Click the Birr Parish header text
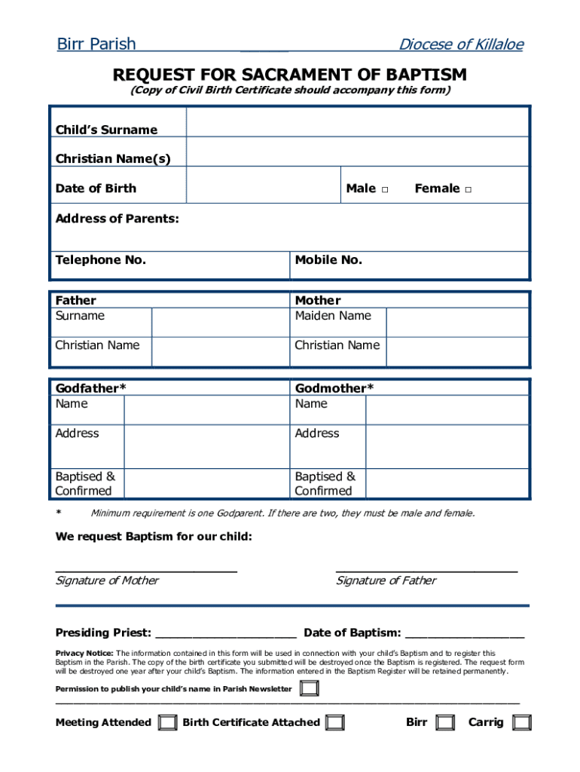coord(96,44)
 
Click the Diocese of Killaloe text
coord(460,44)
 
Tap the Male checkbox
coord(384,189)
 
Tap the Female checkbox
coord(468,189)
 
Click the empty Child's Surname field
coord(357,122)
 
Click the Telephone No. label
coord(100,260)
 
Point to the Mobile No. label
coord(328,260)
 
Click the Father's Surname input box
coord(220,322)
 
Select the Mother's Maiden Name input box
coord(457,322)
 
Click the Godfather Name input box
coord(206,410)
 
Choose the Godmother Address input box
coord(447,447)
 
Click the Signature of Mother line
coord(146,569)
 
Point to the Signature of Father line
coord(426,569)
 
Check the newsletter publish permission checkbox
coord(309,688)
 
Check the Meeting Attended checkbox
coord(168,722)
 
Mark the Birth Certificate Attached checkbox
coord(335,722)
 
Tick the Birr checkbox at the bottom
coord(446,722)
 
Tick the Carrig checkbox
coord(521,722)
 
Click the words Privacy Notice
coord(84,653)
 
